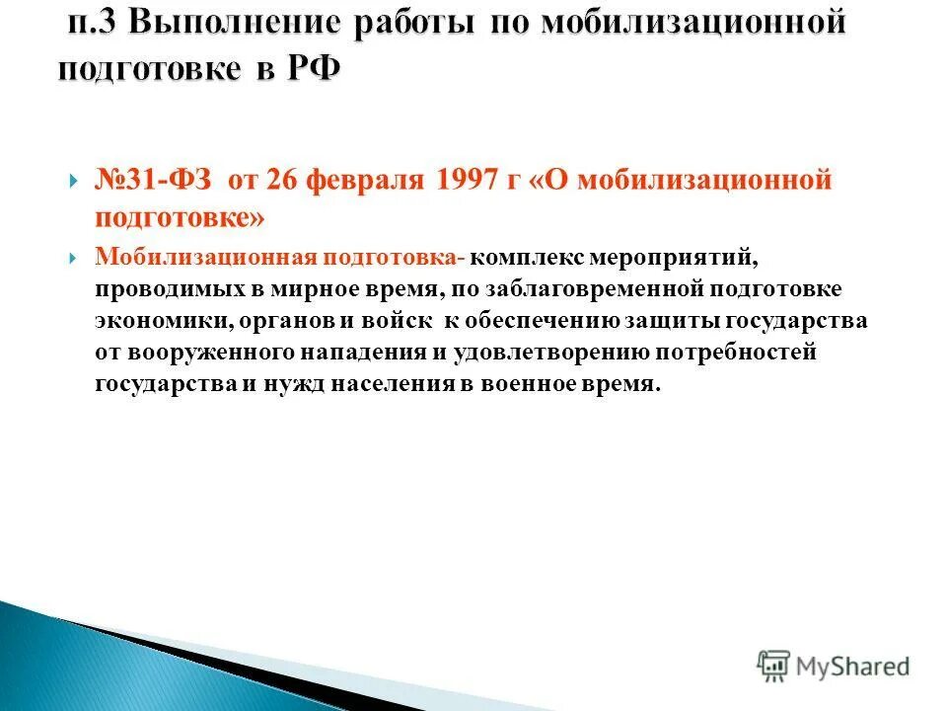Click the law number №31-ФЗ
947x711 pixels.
157,182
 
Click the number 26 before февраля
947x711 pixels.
282,182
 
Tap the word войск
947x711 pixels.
394,321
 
